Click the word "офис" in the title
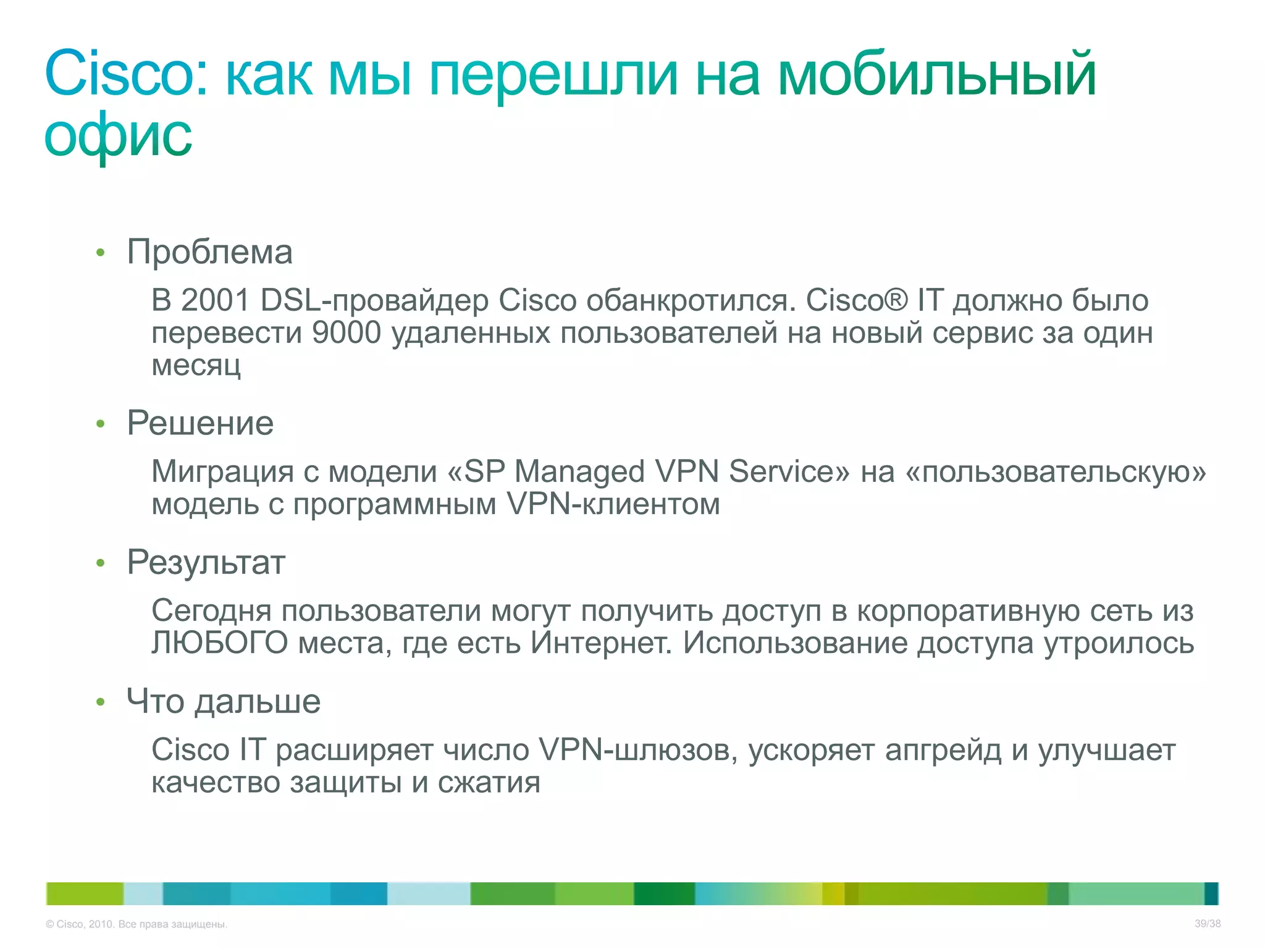(x=118, y=136)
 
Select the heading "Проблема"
(x=209, y=252)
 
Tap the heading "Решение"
(x=200, y=423)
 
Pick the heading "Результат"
(x=206, y=562)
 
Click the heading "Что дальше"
(x=224, y=701)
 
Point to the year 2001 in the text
(x=215, y=300)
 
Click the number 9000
(x=347, y=333)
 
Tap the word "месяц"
(x=196, y=365)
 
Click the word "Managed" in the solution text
(x=579, y=471)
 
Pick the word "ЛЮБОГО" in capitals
(x=220, y=643)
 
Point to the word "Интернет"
(x=601, y=643)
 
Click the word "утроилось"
(x=1119, y=643)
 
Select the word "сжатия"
(x=489, y=783)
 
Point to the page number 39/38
(x=1208, y=924)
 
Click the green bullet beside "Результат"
(x=101, y=563)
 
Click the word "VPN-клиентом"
(x=613, y=504)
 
